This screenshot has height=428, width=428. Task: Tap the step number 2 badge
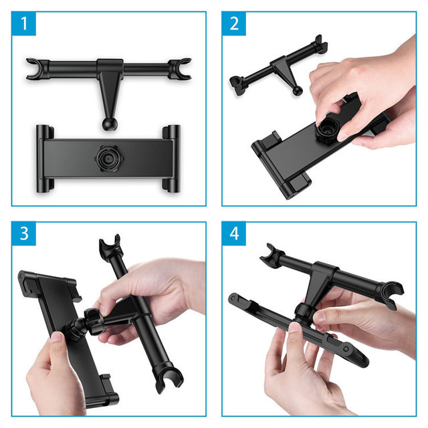coord(234,24)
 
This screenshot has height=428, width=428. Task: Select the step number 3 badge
coord(24,234)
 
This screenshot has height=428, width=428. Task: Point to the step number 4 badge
coord(234,234)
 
